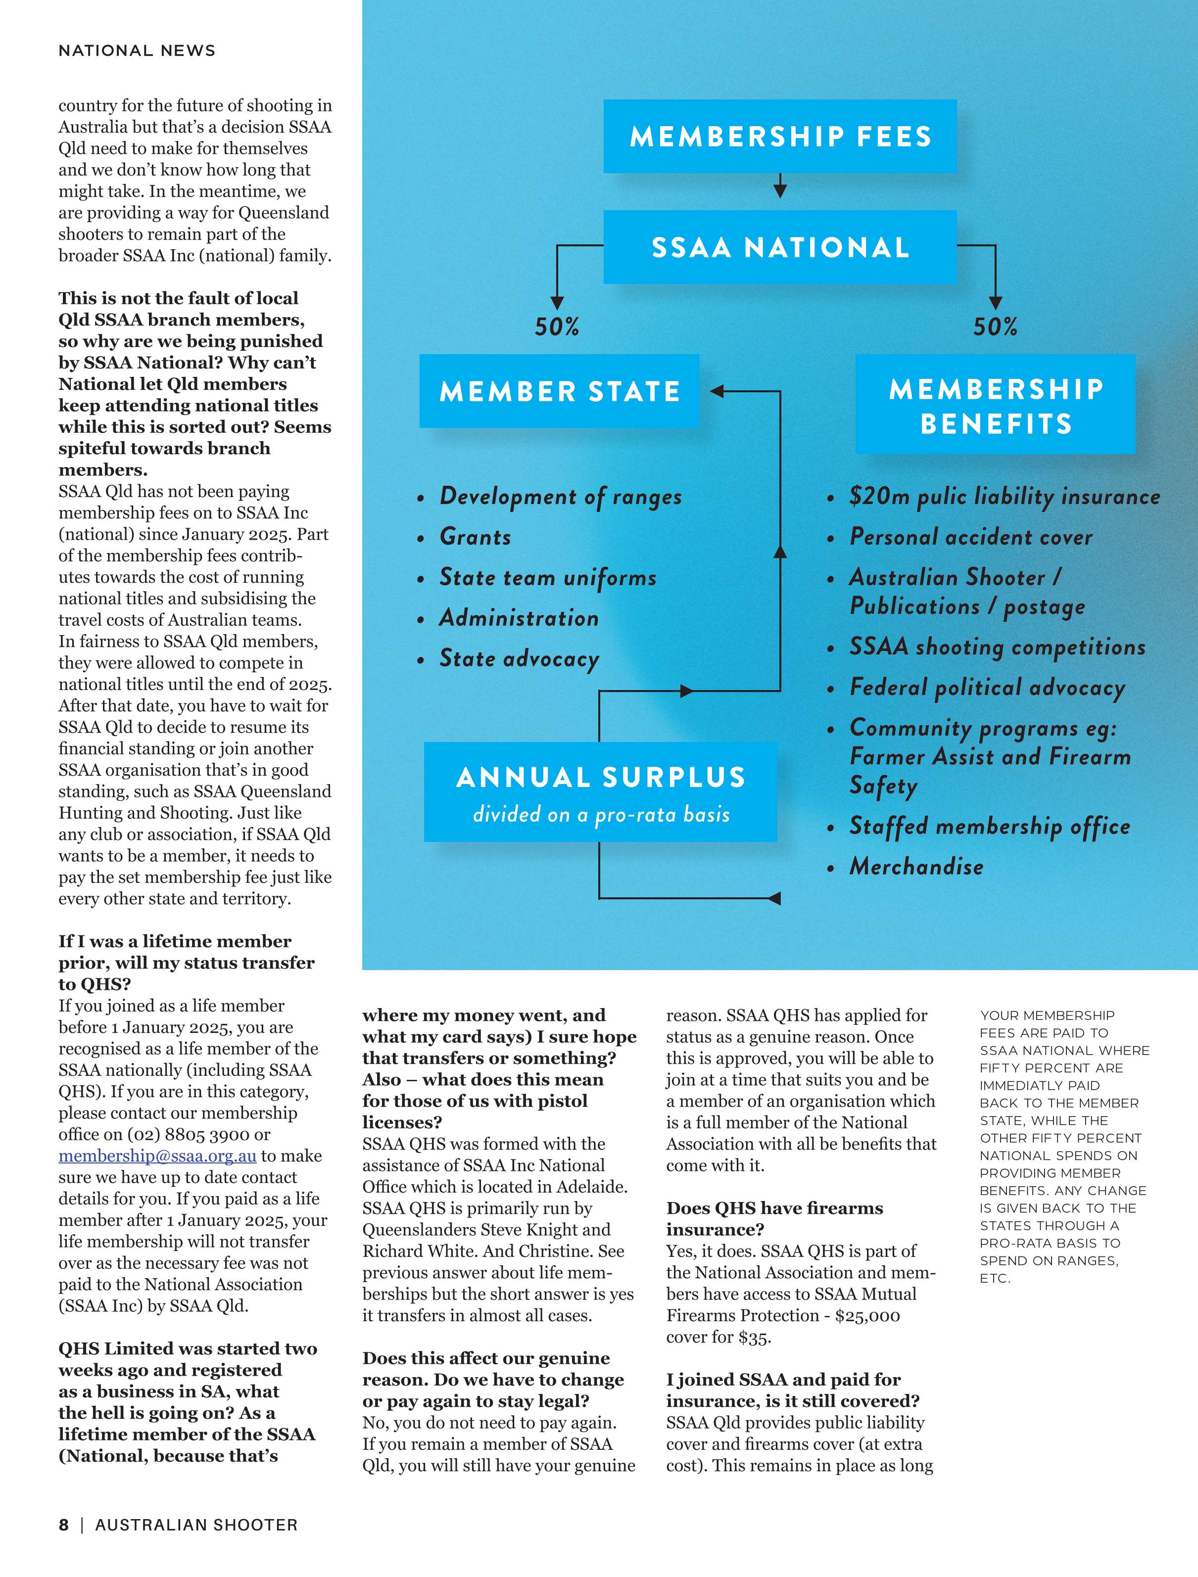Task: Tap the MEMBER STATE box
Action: pyautogui.click(x=559, y=391)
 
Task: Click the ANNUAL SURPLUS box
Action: pyautogui.click(x=600, y=792)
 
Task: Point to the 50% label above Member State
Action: pyautogui.click(x=557, y=327)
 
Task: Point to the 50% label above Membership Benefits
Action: pyautogui.click(x=996, y=327)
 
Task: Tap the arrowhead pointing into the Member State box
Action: pyautogui.click(x=717, y=391)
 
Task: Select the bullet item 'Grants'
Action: pyautogui.click(x=475, y=537)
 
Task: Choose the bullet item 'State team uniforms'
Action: pyautogui.click(x=548, y=577)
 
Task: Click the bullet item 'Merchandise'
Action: pyautogui.click(x=916, y=867)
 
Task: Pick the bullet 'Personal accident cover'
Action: pyautogui.click(x=970, y=537)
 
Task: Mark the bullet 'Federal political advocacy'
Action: pyautogui.click(x=987, y=688)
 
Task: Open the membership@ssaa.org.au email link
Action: pyautogui.click(x=157, y=1156)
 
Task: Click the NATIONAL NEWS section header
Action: pyautogui.click(x=137, y=50)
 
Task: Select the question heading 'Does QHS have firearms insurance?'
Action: pyautogui.click(x=774, y=1218)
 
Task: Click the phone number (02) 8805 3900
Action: pyautogui.click(x=188, y=1134)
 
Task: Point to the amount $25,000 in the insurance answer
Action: pyautogui.click(x=867, y=1315)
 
